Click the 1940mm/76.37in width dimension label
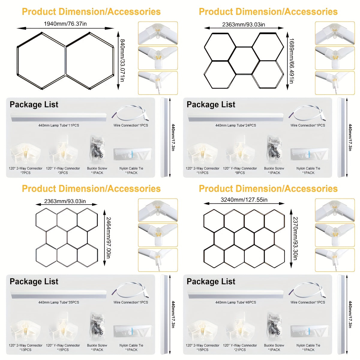(65, 24)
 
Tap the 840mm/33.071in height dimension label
(122, 60)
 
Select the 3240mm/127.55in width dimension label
(244, 200)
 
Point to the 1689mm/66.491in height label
(291, 61)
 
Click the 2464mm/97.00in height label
(108, 238)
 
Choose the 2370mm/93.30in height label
(295, 238)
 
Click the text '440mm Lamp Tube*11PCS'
(59, 125)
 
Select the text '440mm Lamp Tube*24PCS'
(235, 125)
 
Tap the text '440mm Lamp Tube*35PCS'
(59, 302)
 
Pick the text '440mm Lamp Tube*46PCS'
(235, 302)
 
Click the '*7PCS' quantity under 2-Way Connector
(25, 173)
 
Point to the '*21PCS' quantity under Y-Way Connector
(240, 350)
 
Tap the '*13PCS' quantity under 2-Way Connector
(25, 350)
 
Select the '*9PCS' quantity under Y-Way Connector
(240, 173)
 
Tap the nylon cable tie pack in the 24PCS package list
(310, 154)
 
